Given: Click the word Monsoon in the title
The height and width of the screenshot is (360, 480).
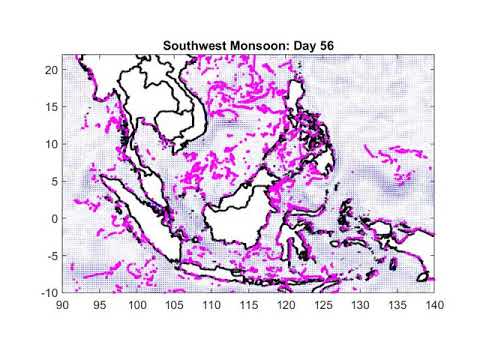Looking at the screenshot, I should pyautogui.click(x=254, y=45).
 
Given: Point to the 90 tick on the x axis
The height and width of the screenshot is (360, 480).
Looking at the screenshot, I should pyautogui.click(x=63, y=302).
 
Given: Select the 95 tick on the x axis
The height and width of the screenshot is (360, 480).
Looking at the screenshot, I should pyautogui.click(x=100, y=302).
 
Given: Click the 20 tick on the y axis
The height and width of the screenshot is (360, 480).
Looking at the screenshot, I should pyautogui.click(x=52, y=70).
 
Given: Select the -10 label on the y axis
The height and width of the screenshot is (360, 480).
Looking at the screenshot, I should pyautogui.click(x=49, y=292).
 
